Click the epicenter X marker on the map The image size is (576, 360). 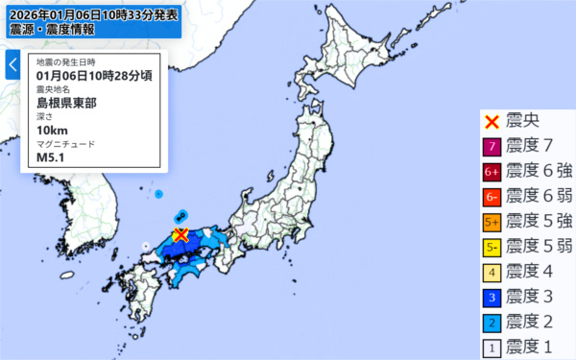click(x=180, y=236)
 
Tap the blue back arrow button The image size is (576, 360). click(x=12, y=65)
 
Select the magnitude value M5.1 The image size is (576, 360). click(x=49, y=158)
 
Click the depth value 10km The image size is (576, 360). click(x=52, y=130)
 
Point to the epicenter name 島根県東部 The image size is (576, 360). click(x=65, y=101)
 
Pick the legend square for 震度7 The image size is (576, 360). click(x=492, y=147)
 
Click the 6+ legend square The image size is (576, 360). click(x=492, y=172)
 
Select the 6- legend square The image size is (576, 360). click(x=492, y=197)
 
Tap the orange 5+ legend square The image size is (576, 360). click(x=492, y=222)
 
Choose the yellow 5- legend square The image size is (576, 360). click(x=492, y=247)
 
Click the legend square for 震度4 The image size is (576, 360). click(x=492, y=272)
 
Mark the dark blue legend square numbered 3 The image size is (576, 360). click(x=492, y=297)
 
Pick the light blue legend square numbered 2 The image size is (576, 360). click(x=492, y=322)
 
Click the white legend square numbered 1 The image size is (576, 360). click(x=492, y=347)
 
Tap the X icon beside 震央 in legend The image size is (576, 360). click(x=492, y=122)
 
